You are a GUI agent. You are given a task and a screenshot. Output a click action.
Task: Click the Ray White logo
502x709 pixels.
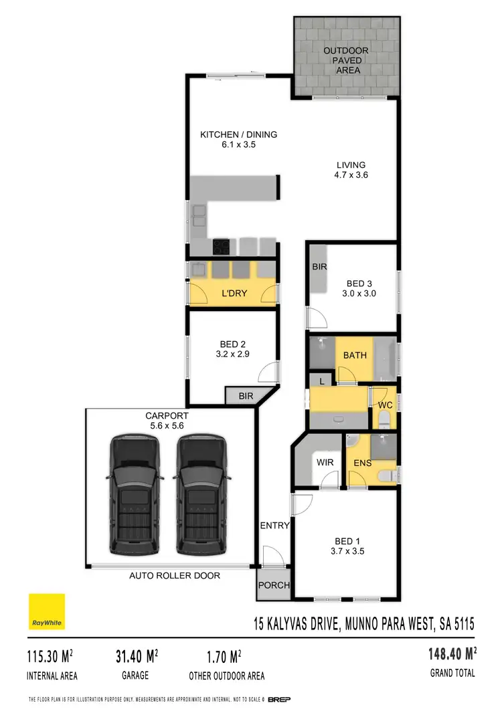point(47,612)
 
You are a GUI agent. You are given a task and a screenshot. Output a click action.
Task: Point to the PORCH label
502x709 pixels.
point(274,585)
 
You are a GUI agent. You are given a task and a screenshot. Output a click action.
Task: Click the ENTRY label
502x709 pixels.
point(274,526)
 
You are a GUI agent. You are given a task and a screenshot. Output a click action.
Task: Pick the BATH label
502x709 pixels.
point(355,355)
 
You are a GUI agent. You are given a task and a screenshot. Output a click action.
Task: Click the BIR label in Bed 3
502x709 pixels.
point(319,267)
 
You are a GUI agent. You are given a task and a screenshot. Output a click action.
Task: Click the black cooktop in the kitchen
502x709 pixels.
point(222,247)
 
